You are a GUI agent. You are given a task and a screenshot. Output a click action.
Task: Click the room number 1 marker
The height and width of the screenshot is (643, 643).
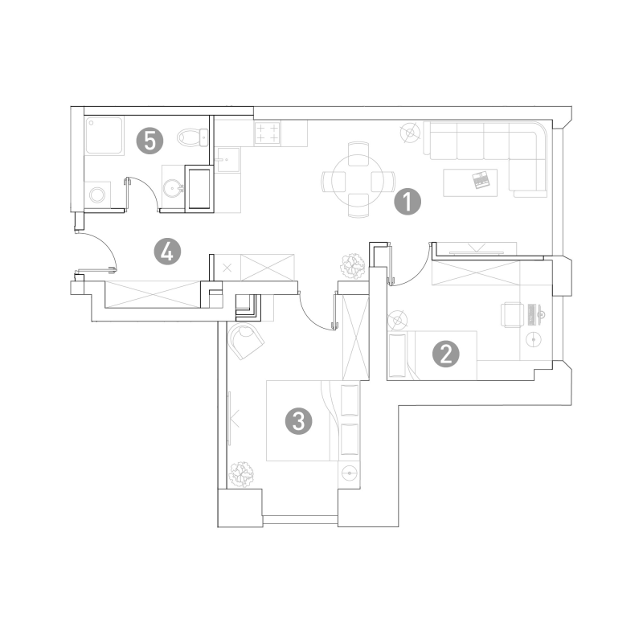coord(408,202)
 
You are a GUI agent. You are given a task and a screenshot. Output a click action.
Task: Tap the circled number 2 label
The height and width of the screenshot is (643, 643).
coord(446,354)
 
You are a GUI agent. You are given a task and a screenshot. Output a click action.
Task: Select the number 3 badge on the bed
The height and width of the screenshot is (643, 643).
coord(298,420)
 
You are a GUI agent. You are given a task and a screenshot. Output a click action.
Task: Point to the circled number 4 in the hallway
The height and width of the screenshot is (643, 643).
coord(167,252)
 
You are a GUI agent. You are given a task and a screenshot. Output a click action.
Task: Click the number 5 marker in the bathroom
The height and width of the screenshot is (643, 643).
coord(149,141)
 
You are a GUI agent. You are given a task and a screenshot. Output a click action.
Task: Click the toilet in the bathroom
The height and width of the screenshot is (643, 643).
coord(193,137)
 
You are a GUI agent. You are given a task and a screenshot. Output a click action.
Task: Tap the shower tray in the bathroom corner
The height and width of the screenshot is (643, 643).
coord(104,136)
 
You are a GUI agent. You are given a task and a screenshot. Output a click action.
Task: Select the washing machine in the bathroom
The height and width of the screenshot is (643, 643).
coord(97,195)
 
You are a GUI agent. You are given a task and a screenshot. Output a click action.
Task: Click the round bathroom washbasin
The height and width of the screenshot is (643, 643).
coord(173,188)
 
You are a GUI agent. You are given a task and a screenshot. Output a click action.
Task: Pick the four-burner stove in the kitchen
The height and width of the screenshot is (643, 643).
coord(268,133)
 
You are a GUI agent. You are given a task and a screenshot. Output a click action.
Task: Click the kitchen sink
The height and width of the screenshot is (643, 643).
coord(227,160)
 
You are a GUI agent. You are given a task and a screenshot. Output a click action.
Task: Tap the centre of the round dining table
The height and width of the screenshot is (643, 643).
coord(358,180)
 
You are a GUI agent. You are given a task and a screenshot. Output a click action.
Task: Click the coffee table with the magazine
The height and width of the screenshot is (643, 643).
coord(470,182)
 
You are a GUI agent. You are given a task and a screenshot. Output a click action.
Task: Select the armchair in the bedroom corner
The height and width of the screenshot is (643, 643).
coord(246,341)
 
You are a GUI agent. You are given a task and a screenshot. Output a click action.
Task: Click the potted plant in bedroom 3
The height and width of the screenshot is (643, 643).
coord(241,474)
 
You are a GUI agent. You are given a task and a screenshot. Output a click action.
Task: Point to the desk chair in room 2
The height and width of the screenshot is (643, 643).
coord(512,314)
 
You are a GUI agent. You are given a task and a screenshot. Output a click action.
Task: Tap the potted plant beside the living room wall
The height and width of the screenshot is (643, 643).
coord(353,266)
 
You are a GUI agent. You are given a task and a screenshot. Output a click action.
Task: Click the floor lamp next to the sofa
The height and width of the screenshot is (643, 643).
coord(410,133)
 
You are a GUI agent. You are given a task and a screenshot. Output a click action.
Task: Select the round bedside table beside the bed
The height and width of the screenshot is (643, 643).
coord(350,473)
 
